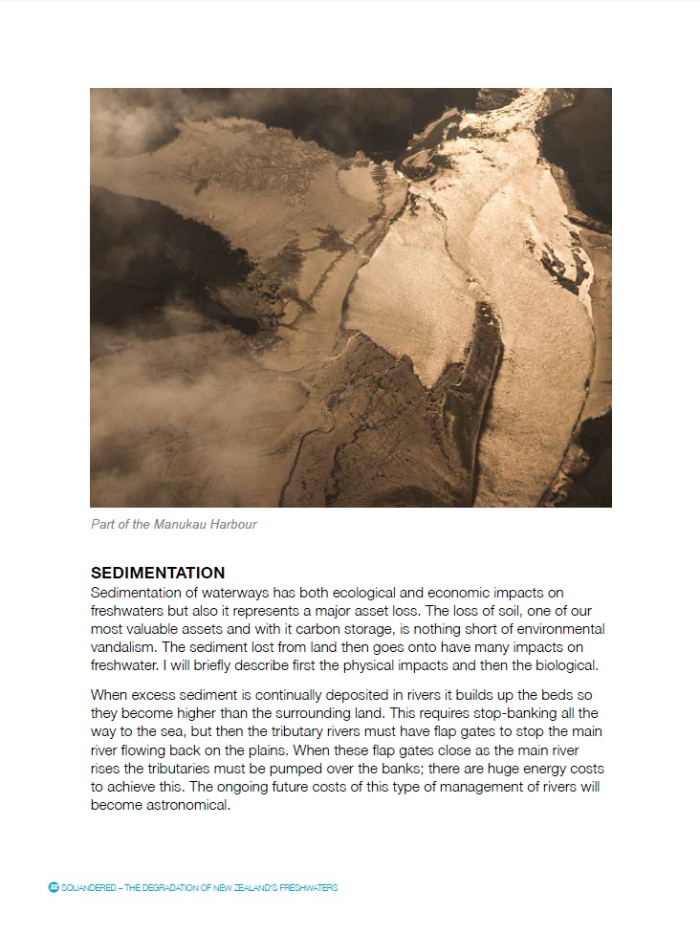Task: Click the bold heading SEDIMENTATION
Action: coord(158,574)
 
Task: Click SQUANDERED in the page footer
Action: coord(88,888)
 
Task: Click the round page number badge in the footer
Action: coord(54,888)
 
